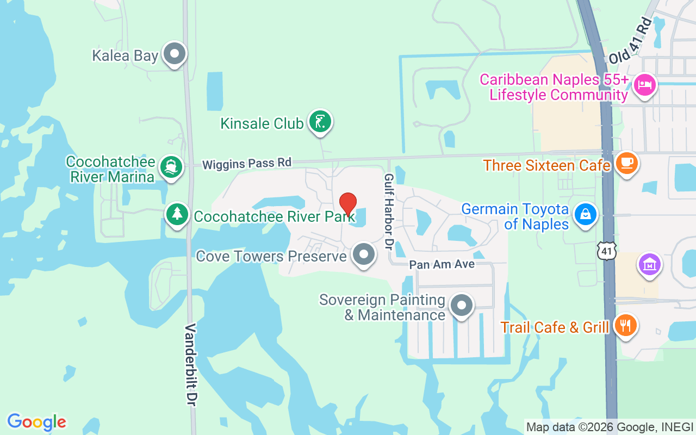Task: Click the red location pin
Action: tap(348, 204)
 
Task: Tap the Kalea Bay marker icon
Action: tap(175, 54)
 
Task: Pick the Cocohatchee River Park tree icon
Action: tap(177, 215)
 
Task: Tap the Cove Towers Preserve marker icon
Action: tap(363, 254)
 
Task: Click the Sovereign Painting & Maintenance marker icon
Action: tap(462, 306)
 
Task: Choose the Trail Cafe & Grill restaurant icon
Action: tap(625, 326)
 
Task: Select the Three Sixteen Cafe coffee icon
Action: tap(626, 163)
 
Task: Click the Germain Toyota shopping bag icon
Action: tap(585, 215)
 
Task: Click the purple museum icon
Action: tap(650, 265)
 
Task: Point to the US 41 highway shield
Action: tap(606, 250)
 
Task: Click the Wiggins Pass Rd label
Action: tap(247, 163)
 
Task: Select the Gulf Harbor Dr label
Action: tap(389, 212)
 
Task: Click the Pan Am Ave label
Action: tap(442, 264)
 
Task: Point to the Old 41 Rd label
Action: tap(630, 41)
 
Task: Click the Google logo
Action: tap(36, 422)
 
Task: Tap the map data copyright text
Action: tap(610, 427)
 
